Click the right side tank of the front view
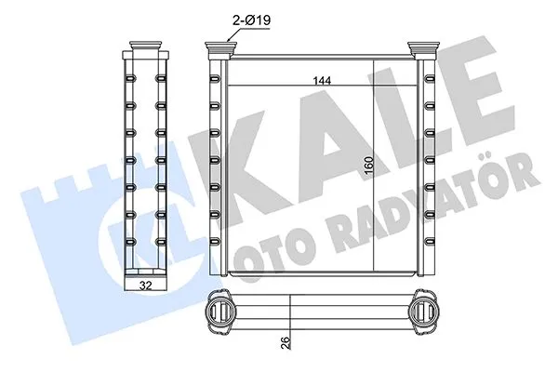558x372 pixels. (x=430, y=167)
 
